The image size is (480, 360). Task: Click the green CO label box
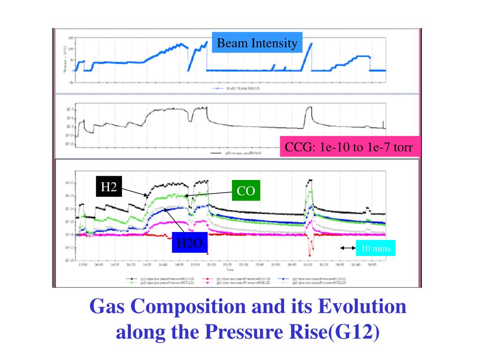(245, 192)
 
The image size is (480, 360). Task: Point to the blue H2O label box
(189, 243)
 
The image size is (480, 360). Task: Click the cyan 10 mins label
(376, 248)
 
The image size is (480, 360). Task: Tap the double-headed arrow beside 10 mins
(347, 248)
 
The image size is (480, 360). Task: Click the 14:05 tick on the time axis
(98, 265)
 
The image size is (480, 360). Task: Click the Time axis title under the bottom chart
(230, 270)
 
